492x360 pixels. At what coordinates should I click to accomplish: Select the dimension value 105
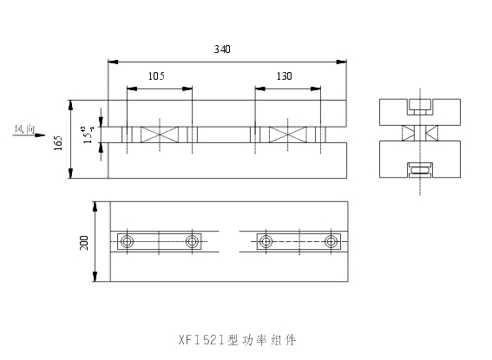tap(157, 76)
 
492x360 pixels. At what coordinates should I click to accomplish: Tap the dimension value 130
tap(285, 76)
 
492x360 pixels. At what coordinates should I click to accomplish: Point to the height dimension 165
tap(58, 141)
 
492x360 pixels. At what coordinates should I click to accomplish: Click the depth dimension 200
tap(84, 242)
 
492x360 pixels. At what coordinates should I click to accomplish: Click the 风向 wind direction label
tap(24, 128)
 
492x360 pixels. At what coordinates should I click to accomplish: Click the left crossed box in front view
tap(159, 134)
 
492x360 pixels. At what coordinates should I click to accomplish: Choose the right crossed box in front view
tap(287, 134)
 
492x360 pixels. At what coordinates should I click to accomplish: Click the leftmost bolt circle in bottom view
tap(128, 241)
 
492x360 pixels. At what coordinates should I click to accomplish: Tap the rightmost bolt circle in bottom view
tap(331, 241)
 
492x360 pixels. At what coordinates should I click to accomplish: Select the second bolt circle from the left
tap(192, 241)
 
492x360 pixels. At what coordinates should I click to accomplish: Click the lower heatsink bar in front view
tap(226, 160)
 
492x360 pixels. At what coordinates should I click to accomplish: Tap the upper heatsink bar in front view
tap(226, 113)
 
